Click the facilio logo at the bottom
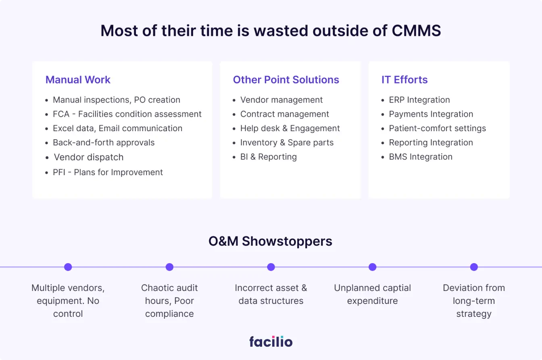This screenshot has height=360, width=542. coord(271,341)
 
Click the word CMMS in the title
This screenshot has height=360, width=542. coord(416,31)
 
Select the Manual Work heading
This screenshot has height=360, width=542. coord(78,80)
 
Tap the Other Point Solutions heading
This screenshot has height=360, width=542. coord(286,80)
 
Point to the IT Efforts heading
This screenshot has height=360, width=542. coord(404,80)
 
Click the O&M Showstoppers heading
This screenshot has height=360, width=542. coord(270,241)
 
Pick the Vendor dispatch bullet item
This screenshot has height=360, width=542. coord(89,157)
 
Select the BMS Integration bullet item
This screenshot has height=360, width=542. coord(421,157)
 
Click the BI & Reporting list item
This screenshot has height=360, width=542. coord(268,157)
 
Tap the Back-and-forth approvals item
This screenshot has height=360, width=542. coord(104,142)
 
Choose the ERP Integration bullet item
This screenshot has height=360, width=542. coord(419,100)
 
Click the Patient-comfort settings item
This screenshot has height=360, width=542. coord(437,128)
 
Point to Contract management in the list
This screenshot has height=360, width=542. coord(285,114)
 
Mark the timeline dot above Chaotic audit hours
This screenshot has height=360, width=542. coord(169,267)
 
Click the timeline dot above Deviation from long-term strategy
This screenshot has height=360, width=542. coord(474,267)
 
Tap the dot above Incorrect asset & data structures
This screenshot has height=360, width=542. coord(271,267)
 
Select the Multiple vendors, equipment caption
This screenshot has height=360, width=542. coord(68,301)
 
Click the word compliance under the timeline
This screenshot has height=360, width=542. coord(169,314)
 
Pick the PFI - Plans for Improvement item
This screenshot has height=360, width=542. coord(108,172)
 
